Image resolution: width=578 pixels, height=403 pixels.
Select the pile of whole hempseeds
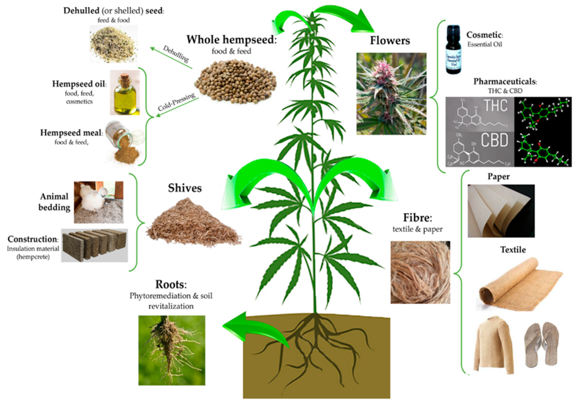(235, 82)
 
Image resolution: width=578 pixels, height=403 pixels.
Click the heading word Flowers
(390, 41)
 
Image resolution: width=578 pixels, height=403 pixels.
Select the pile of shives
(193, 224)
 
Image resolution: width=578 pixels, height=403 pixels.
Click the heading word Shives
(185, 188)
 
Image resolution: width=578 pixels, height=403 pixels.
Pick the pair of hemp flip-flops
(541, 344)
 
